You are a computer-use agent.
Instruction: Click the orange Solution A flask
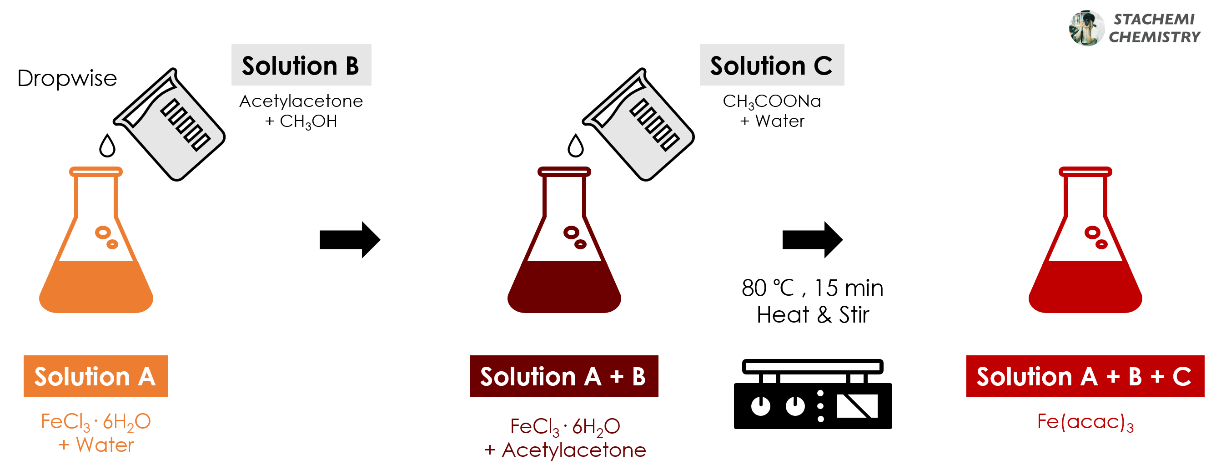click(96, 266)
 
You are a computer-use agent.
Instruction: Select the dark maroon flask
click(564, 266)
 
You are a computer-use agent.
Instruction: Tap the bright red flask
click(1085, 266)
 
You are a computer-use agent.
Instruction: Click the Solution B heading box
click(301, 65)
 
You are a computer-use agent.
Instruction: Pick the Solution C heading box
click(771, 65)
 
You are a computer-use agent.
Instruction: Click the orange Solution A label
click(95, 376)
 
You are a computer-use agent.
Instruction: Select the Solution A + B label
click(563, 376)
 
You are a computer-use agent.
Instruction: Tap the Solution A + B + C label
click(1085, 376)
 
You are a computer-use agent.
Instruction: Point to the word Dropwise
click(67, 78)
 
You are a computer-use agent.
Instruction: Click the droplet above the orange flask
click(107, 146)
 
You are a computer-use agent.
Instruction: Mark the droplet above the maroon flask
click(575, 146)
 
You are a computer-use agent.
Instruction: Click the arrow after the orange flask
click(349, 239)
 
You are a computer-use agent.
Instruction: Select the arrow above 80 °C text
click(812, 239)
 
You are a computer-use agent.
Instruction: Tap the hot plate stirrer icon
click(813, 394)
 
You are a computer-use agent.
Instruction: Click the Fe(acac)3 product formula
click(1085, 422)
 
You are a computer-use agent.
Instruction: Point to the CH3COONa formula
click(772, 101)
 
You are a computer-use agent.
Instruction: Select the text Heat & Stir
click(813, 315)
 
